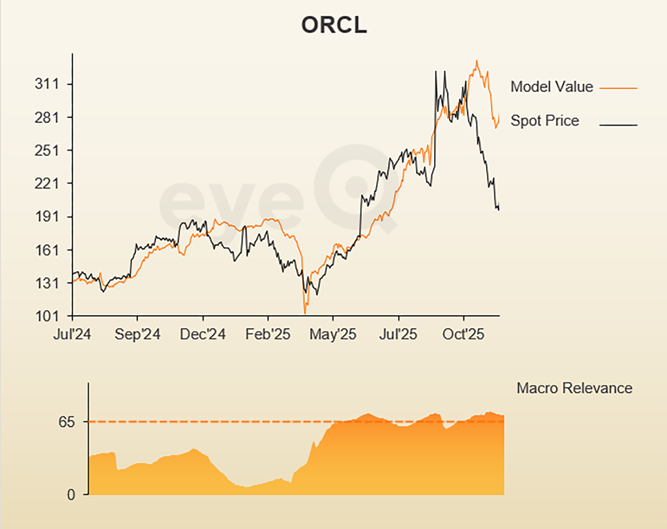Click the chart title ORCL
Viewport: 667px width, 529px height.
[x=334, y=25]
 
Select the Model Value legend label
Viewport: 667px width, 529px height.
[x=552, y=87]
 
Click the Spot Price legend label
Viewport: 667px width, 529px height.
[x=545, y=121]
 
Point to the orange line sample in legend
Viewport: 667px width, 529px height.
[x=618, y=89]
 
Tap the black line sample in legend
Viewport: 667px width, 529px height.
[x=618, y=125]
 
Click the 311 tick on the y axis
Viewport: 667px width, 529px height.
[x=47, y=84]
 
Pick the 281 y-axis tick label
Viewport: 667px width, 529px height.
[x=47, y=118]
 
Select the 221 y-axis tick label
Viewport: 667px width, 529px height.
[x=47, y=183]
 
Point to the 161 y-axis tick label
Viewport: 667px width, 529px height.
[x=47, y=250]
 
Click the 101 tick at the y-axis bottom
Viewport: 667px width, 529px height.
[x=47, y=316]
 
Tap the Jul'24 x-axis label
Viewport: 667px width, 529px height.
[x=72, y=334]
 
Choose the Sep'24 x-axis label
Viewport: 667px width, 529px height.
[x=137, y=334]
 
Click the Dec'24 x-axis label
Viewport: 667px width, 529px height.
[x=202, y=334]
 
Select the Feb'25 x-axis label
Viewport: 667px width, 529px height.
[x=268, y=334]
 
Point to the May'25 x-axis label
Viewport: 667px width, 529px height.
[x=333, y=334]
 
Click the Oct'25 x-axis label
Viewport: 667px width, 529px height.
[x=463, y=334]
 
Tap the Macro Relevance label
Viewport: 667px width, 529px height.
[x=574, y=388]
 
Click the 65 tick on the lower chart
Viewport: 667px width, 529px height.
[x=67, y=422]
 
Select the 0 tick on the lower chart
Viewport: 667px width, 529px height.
[x=71, y=495]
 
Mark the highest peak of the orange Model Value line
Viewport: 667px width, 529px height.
[x=476, y=61]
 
